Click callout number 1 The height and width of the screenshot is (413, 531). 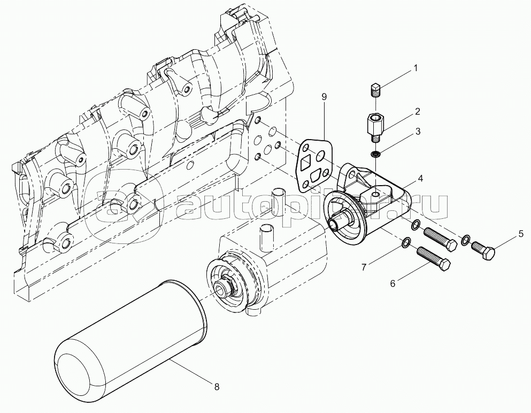[x=415, y=68]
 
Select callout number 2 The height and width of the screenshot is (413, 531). [x=417, y=112]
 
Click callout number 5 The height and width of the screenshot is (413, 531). [x=519, y=234]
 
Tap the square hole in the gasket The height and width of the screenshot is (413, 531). [x=307, y=163]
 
